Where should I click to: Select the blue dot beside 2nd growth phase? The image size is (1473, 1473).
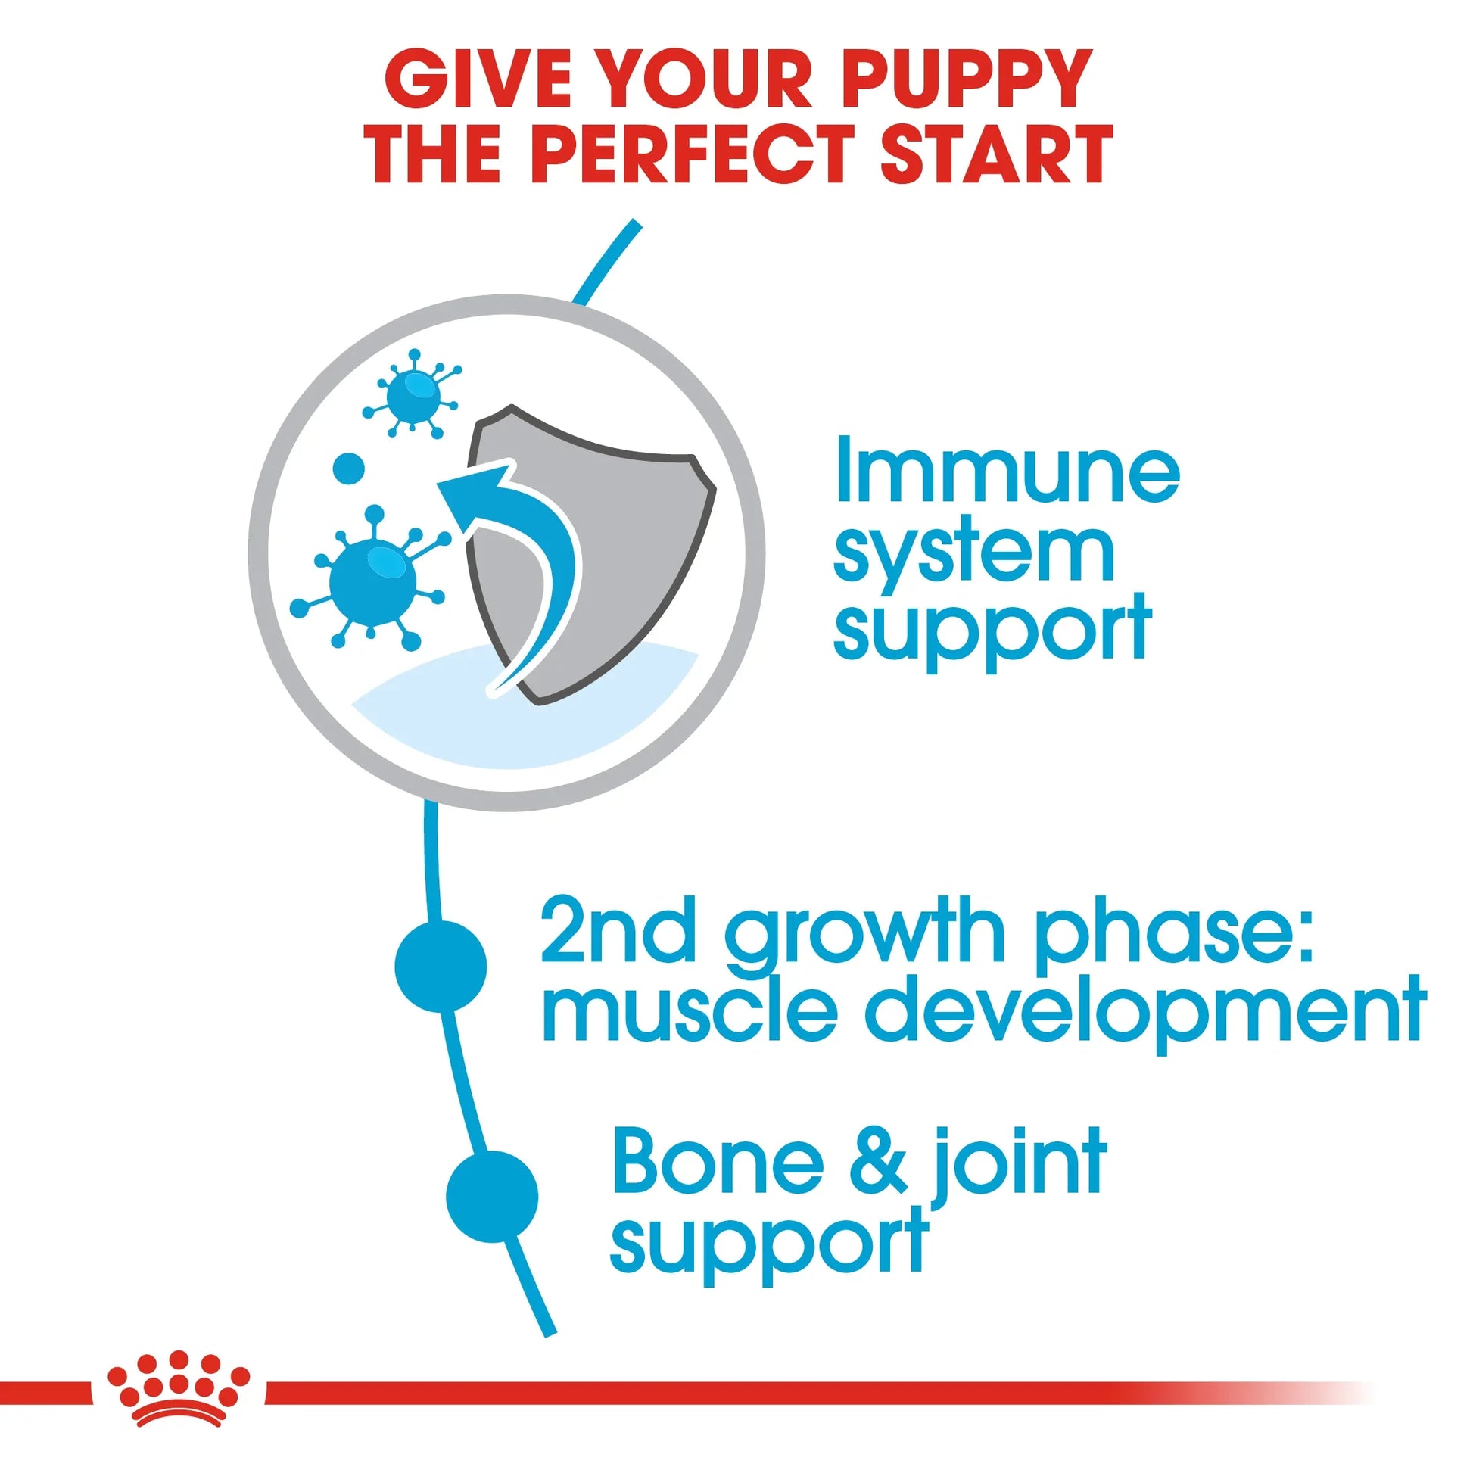[441, 966]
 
